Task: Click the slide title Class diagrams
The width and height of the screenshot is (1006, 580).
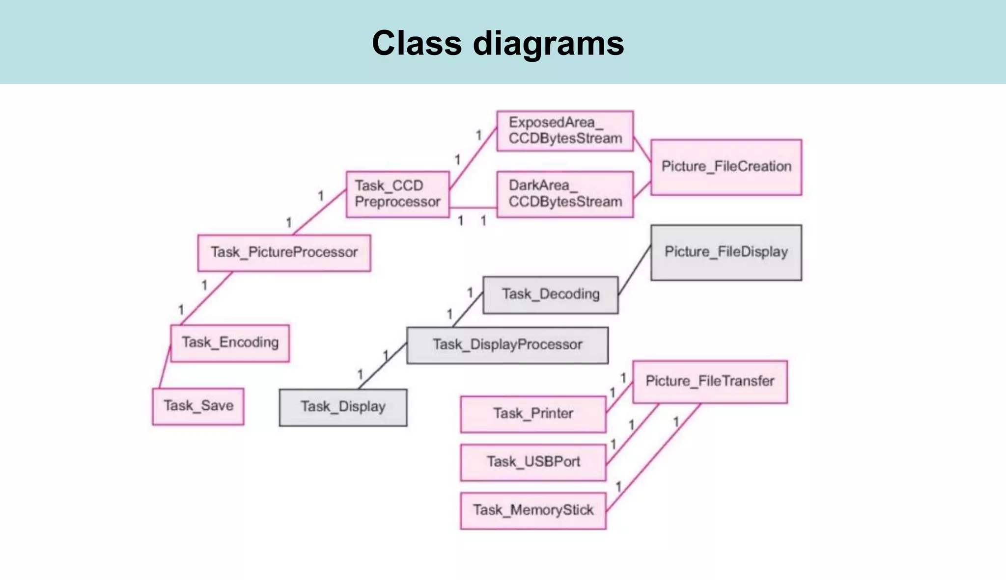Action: (498, 43)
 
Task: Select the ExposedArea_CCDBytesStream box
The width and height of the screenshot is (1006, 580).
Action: (565, 131)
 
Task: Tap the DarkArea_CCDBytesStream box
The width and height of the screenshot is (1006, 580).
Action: (565, 194)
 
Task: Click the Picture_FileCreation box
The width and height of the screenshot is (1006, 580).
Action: (726, 167)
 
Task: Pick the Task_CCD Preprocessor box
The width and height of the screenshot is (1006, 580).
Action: (397, 194)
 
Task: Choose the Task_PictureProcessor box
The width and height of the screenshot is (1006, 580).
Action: (284, 253)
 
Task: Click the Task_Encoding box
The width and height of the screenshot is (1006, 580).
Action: (230, 343)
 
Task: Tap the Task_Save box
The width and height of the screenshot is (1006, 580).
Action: (198, 406)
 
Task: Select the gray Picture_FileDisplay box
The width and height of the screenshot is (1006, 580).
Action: (726, 252)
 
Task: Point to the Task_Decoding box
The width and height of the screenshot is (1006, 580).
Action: (550, 294)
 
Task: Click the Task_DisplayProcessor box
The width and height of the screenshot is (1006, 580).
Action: (507, 345)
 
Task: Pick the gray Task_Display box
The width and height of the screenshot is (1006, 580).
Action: (343, 407)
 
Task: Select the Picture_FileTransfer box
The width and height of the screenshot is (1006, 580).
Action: (709, 382)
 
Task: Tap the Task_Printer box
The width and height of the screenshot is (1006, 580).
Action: (533, 414)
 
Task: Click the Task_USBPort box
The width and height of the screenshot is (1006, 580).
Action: (533, 462)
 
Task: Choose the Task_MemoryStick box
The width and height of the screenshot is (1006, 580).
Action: (533, 510)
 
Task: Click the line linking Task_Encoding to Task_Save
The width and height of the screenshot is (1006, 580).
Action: (165, 367)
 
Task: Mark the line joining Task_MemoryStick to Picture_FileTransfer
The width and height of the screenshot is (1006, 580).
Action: (653, 457)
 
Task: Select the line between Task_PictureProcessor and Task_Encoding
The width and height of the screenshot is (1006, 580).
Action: (206, 298)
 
